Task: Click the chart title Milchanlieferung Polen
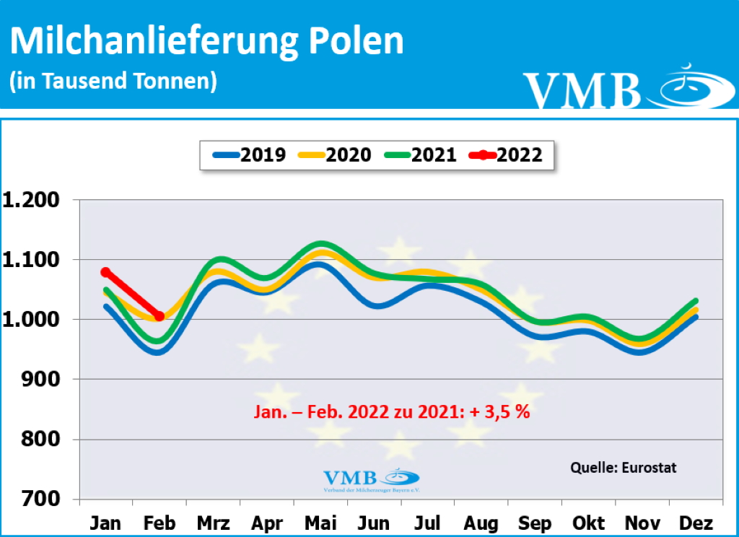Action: coord(206,41)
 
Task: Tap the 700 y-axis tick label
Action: coord(47,499)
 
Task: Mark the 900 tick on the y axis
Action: coord(47,380)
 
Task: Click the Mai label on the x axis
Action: coord(320,523)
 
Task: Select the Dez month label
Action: coord(696,523)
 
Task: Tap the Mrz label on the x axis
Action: coord(214,523)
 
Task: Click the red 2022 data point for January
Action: coord(106,272)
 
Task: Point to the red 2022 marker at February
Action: coord(159,316)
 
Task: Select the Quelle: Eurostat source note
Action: coord(624,467)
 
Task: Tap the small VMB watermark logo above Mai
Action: coord(370,479)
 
